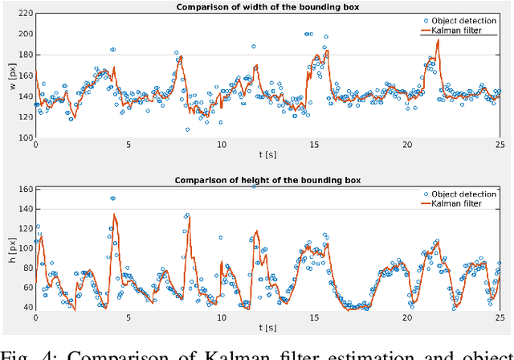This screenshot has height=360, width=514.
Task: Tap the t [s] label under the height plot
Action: pyautogui.click(x=267, y=329)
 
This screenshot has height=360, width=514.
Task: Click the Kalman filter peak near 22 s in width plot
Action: pyautogui.click(x=437, y=40)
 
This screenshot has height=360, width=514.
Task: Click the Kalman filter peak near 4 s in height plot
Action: pyautogui.click(x=115, y=215)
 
